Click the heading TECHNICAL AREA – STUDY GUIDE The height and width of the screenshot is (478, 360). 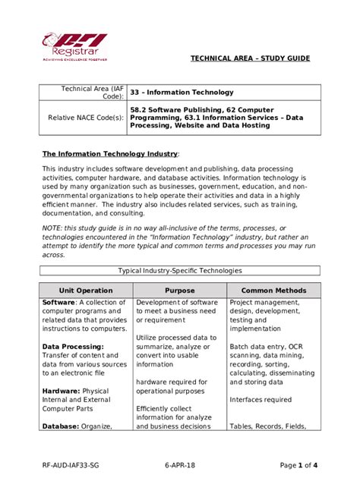click(x=250, y=58)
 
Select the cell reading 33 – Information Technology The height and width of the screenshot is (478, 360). click(x=177, y=92)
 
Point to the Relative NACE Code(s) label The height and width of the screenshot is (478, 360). click(x=86, y=118)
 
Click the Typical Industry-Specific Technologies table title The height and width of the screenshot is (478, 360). click(x=180, y=270)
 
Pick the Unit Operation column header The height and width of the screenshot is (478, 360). click(x=86, y=291)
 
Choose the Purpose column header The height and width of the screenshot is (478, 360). click(x=179, y=291)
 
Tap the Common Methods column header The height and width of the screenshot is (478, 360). click(x=273, y=291)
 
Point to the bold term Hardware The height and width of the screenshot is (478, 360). click(x=62, y=391)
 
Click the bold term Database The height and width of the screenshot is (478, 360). click(x=62, y=426)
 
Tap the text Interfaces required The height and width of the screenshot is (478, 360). click(x=261, y=400)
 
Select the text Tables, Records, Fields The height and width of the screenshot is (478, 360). click(x=268, y=426)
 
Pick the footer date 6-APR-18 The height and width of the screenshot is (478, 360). click(x=180, y=464)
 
